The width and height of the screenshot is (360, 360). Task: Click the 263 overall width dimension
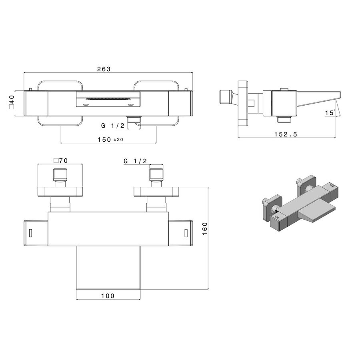click(104, 69)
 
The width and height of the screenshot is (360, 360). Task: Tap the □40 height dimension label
click(12, 102)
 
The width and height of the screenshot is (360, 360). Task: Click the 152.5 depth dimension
click(285, 134)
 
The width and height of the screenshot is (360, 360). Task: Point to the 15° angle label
click(330, 113)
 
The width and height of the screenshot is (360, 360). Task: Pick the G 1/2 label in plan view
click(135, 161)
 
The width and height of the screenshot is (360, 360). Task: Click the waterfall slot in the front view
click(108, 98)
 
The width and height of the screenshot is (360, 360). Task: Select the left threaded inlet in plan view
click(60, 176)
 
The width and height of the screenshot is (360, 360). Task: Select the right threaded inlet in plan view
click(156, 176)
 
